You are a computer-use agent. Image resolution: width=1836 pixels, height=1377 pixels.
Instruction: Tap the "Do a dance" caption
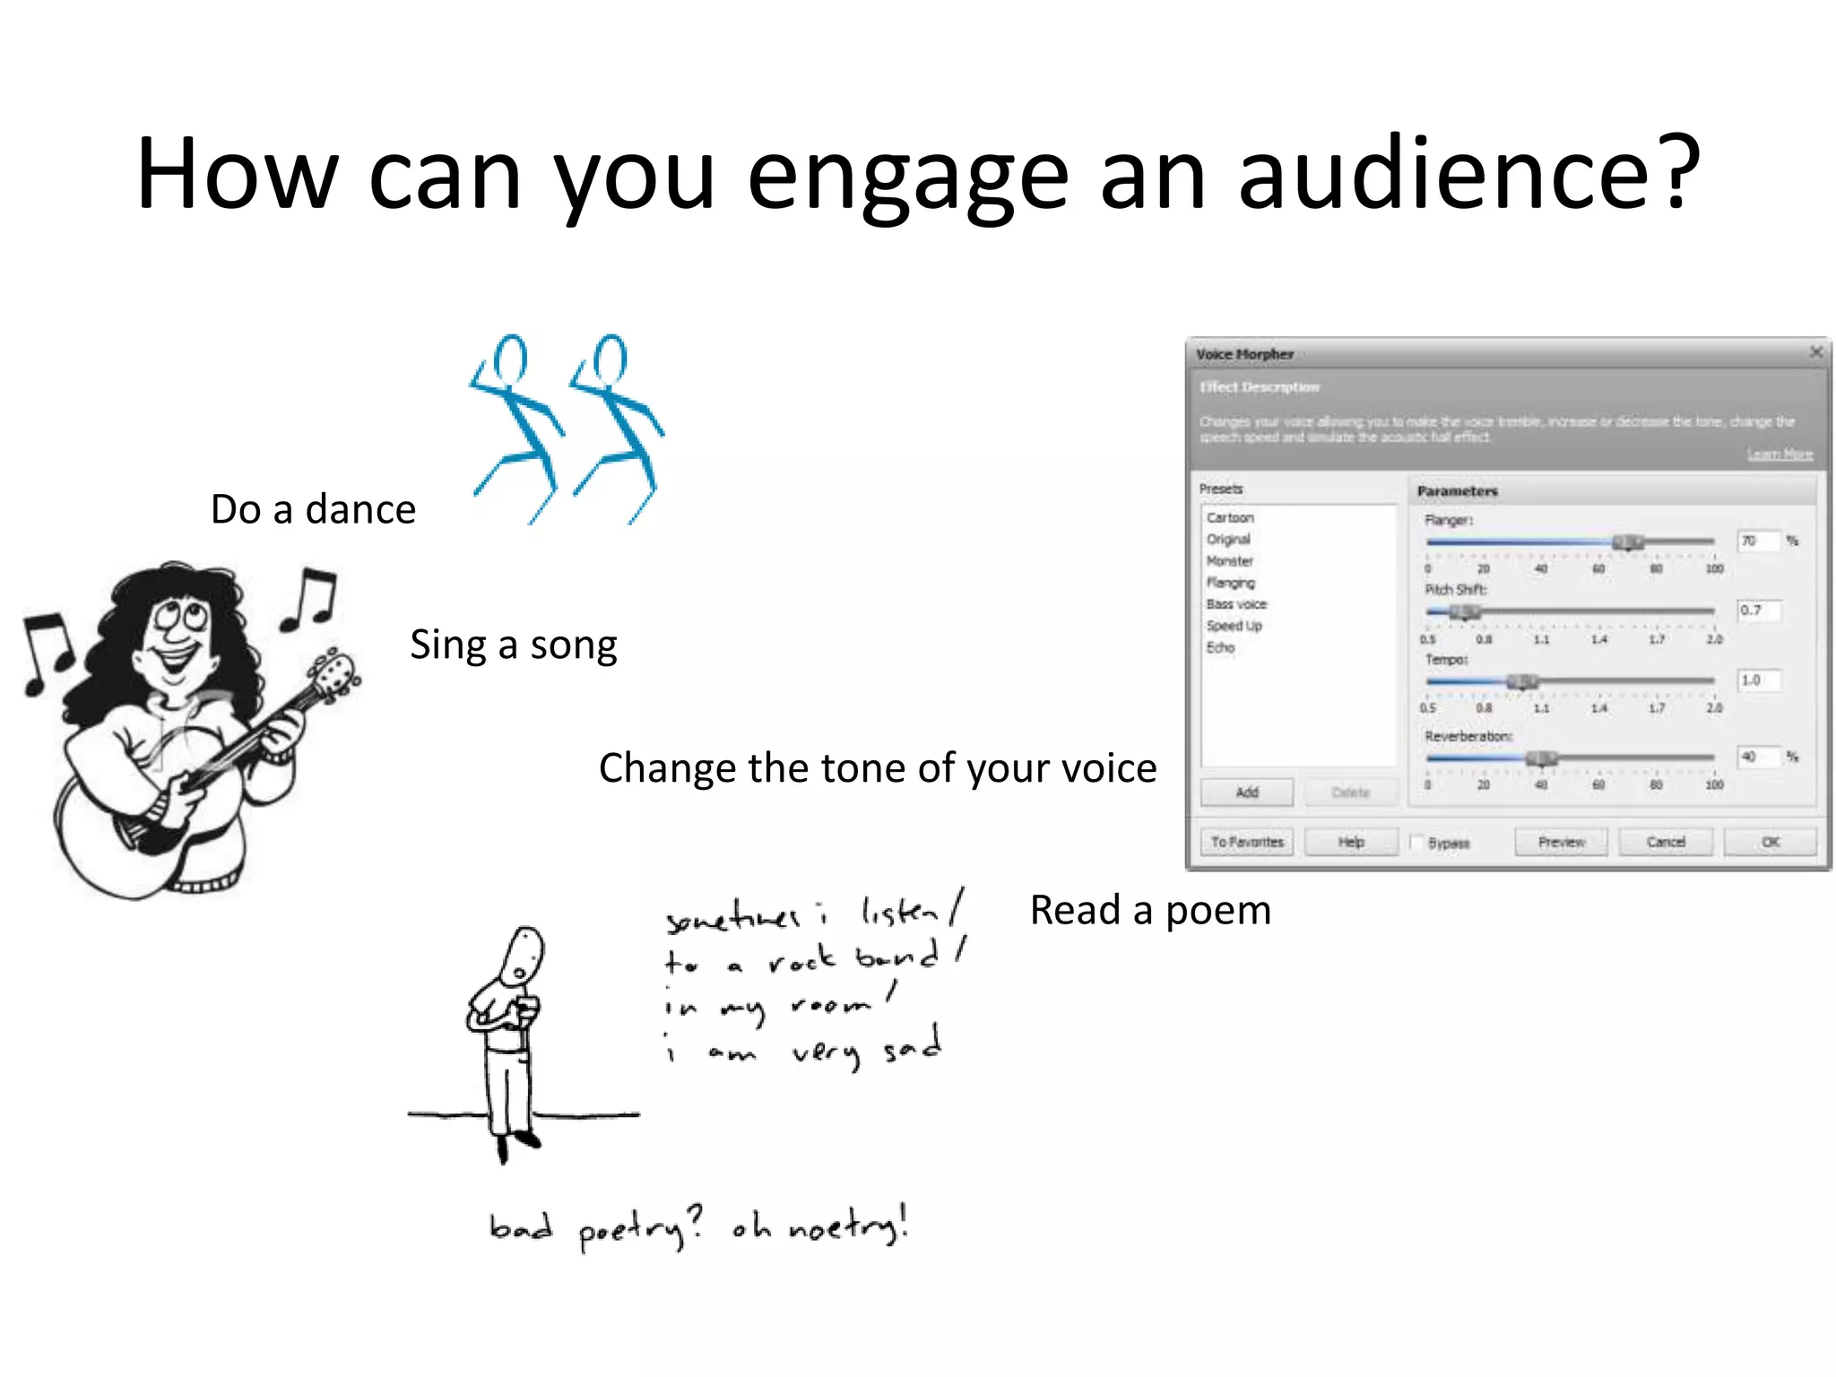(x=313, y=509)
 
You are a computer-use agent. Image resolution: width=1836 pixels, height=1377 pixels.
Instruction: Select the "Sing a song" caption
(x=514, y=645)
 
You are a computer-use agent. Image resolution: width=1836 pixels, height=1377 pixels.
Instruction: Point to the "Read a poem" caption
(x=1150, y=910)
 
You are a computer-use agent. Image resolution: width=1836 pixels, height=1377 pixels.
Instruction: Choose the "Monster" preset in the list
(x=1229, y=561)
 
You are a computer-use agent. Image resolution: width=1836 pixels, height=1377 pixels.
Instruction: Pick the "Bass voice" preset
(x=1236, y=604)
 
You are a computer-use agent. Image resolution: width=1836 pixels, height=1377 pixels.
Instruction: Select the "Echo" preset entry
(x=1220, y=647)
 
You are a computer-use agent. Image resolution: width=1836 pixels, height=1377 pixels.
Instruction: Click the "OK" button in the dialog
(x=1770, y=842)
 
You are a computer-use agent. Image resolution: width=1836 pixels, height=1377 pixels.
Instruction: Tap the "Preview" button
(x=1561, y=842)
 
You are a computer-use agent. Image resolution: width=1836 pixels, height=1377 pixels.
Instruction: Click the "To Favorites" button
(x=1246, y=842)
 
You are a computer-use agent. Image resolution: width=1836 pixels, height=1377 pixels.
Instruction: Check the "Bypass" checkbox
(x=1418, y=843)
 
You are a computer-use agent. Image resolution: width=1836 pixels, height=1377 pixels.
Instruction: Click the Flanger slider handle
(x=1627, y=541)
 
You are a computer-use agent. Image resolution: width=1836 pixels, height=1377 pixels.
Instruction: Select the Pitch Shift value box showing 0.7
(x=1758, y=611)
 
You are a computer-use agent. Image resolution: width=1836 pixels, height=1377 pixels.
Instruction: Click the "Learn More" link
(x=1780, y=455)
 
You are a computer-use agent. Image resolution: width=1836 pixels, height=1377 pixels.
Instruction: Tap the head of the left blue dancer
(x=511, y=358)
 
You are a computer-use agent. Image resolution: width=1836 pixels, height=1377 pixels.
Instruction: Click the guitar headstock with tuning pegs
(x=334, y=672)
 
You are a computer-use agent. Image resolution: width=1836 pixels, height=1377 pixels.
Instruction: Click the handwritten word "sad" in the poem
(x=912, y=1046)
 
